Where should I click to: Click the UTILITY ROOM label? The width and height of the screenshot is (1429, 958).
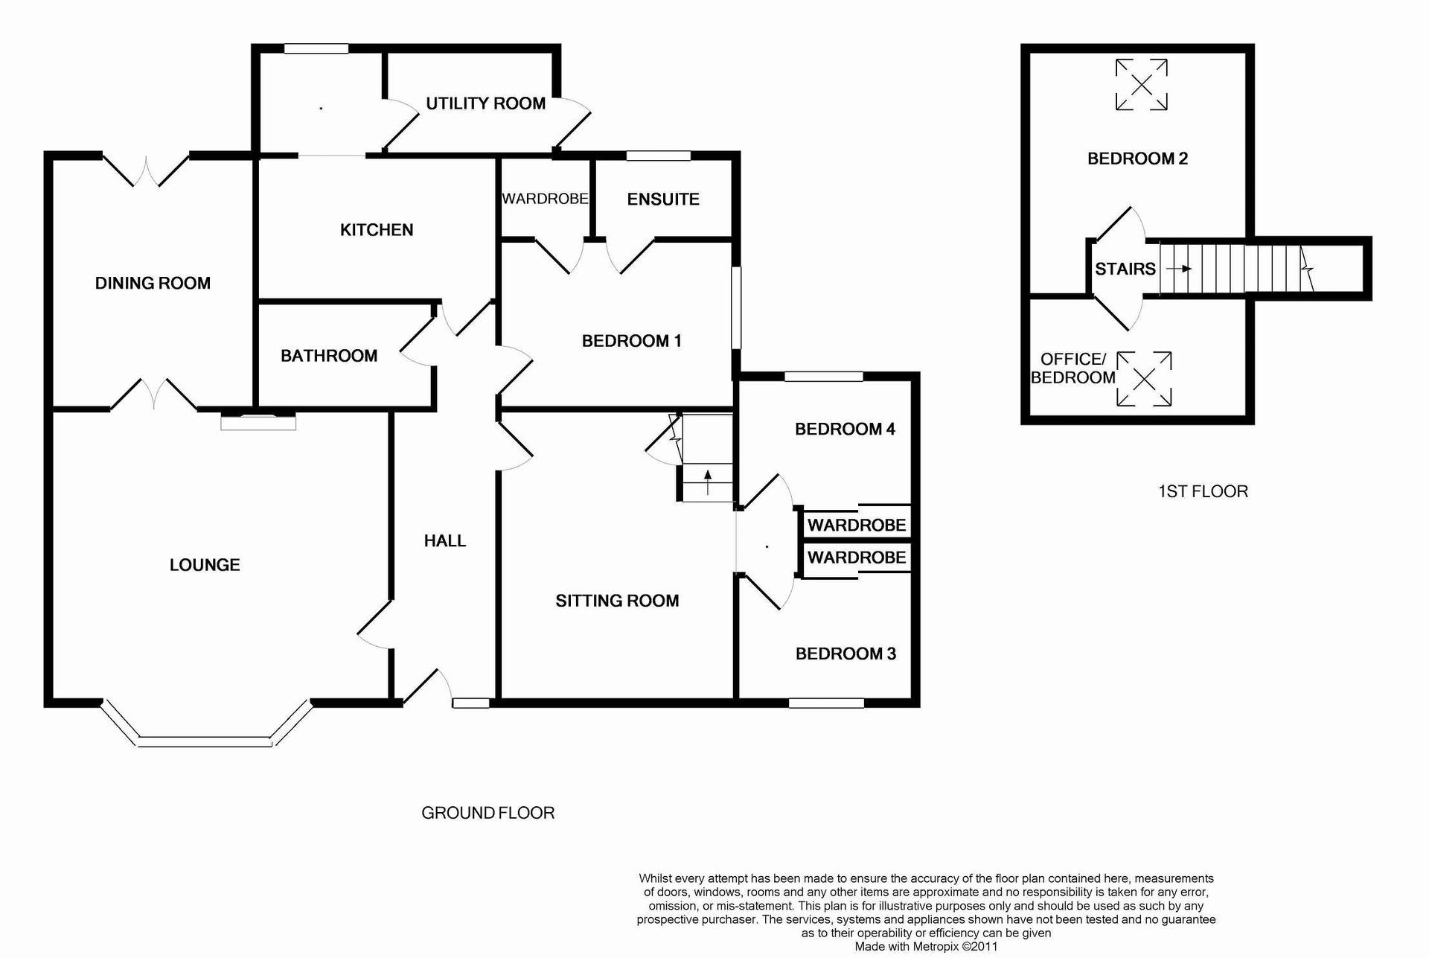[485, 103]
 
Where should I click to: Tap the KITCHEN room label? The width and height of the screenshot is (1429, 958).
[377, 230]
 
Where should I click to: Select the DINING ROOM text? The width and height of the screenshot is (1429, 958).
[153, 283]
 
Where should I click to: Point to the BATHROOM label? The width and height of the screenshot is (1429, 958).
[329, 356]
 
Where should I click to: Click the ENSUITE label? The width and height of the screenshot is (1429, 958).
[663, 199]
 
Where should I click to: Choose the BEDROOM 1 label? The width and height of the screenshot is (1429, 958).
[631, 341]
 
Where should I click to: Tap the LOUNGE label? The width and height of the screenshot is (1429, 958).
[205, 565]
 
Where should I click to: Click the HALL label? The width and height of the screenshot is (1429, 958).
[445, 541]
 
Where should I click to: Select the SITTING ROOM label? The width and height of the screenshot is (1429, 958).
[617, 601]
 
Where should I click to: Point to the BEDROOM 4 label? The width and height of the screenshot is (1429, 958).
[845, 429]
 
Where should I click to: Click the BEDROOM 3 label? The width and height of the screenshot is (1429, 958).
[845, 654]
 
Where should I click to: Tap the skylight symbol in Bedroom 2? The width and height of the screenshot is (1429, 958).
[1141, 85]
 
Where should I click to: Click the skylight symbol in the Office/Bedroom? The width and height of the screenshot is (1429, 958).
[1145, 379]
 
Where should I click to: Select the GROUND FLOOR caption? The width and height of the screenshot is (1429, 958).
[488, 813]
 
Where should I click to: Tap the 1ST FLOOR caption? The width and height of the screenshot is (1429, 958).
[1203, 491]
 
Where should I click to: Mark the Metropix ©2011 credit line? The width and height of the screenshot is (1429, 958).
[926, 947]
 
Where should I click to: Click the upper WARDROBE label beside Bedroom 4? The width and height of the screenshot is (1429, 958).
[857, 525]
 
